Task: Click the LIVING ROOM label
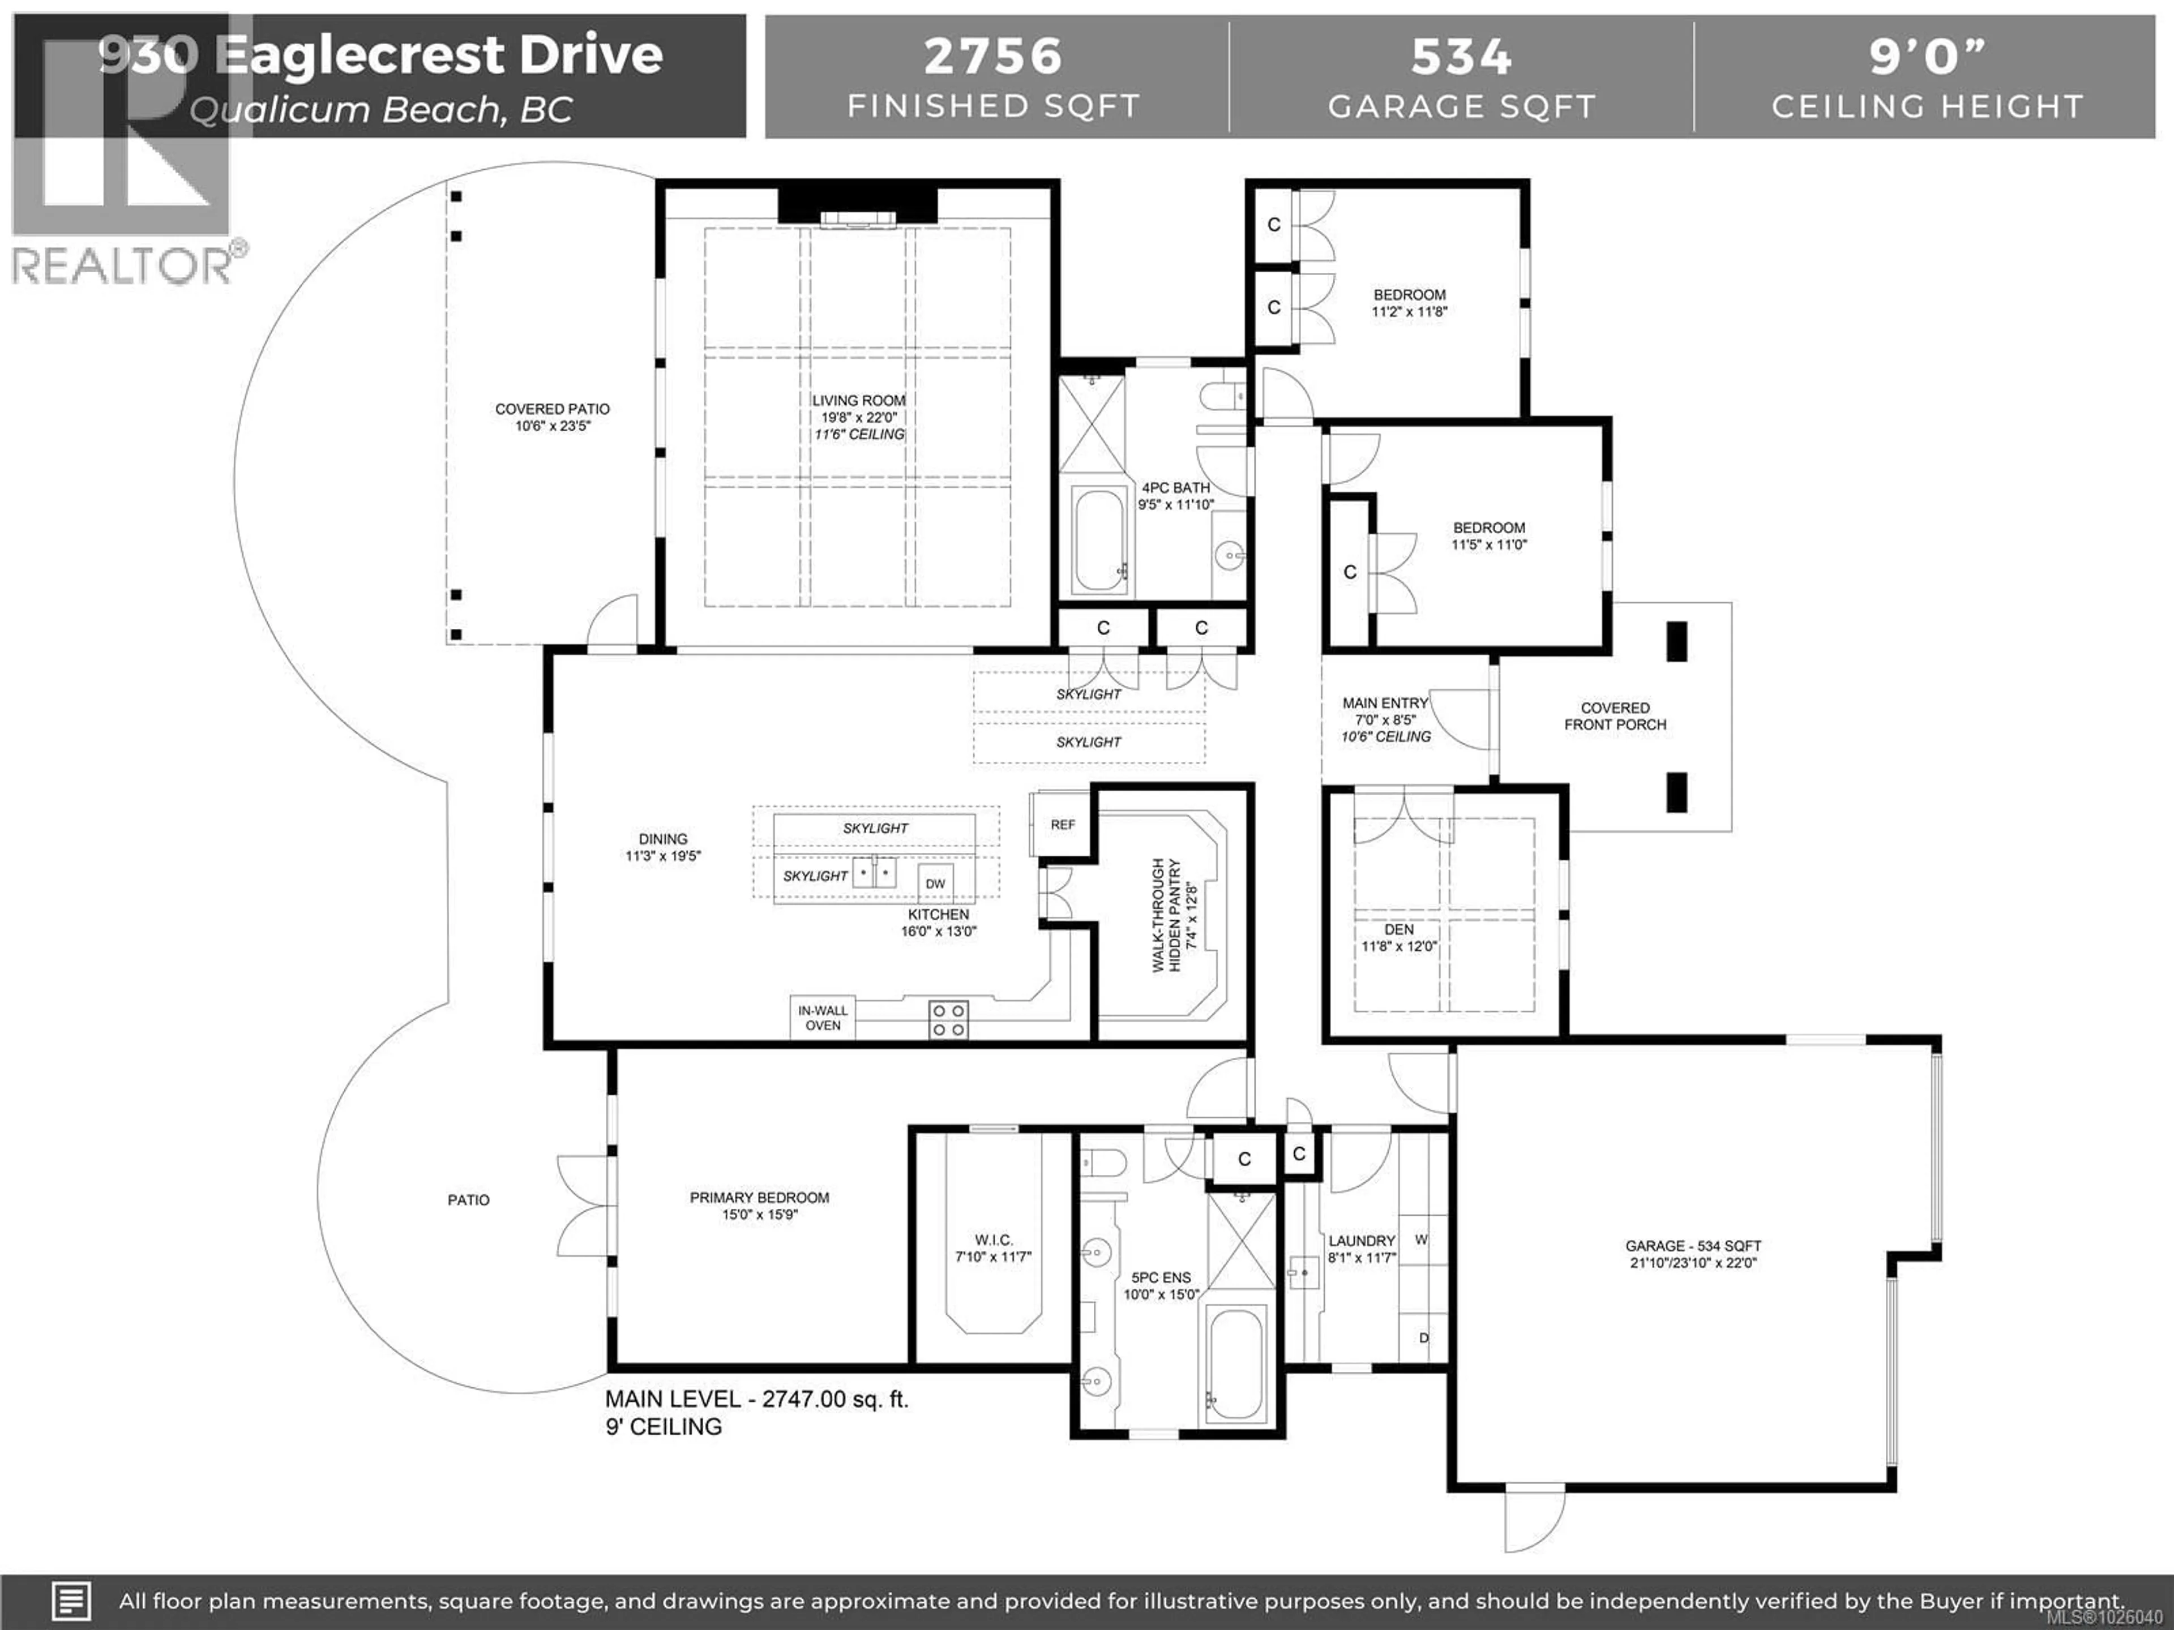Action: point(858,401)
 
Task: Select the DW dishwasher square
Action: point(935,883)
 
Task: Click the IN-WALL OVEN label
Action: point(823,1018)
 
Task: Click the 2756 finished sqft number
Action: point(992,56)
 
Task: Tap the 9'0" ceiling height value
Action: point(1927,56)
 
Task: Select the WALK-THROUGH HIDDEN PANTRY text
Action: point(1175,915)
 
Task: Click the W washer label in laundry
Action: point(1420,1240)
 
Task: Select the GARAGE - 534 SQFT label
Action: point(1692,1246)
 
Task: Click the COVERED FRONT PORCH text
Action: point(1615,717)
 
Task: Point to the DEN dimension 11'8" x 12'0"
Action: point(1398,947)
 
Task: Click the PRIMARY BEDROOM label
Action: point(759,1198)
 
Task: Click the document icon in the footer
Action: point(71,1602)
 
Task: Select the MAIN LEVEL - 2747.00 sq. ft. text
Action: point(756,1399)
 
